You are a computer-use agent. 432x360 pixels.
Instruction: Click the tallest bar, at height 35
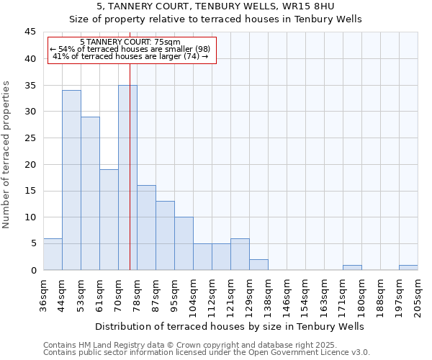pyautogui.click(x=127, y=177)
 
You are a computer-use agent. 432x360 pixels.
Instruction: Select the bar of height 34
pyautogui.click(x=71, y=180)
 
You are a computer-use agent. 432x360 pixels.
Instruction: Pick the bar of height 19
pyautogui.click(x=109, y=220)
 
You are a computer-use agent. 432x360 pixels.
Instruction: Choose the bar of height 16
pyautogui.click(x=146, y=228)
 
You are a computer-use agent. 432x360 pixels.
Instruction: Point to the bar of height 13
pyautogui.click(x=165, y=235)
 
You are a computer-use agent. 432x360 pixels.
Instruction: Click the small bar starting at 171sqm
pyautogui.click(x=352, y=267)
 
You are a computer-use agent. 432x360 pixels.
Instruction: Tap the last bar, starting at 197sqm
pyautogui.click(x=408, y=267)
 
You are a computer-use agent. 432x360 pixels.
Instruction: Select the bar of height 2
pyautogui.click(x=258, y=264)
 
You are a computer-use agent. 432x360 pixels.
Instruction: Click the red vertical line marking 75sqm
pyautogui.click(x=130, y=144)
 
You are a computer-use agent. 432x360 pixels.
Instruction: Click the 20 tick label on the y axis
pyautogui.click(x=30, y=164)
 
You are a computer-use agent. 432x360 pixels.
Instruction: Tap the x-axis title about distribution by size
pyautogui.click(x=229, y=326)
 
